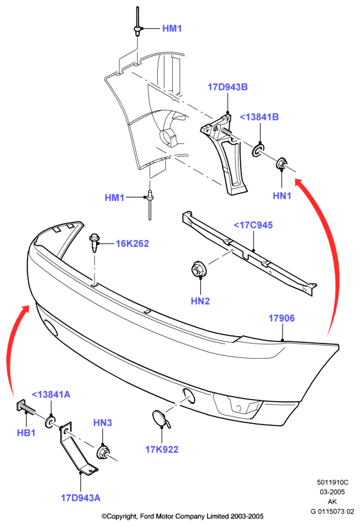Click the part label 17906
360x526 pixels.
pos(282,318)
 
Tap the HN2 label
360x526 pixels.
pos(200,301)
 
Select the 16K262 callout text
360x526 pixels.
pos(132,243)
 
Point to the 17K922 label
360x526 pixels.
pos(162,449)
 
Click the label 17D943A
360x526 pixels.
pos(80,497)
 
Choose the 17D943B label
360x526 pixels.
pos(228,87)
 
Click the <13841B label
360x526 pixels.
pos(259,117)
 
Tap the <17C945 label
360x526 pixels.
pos(253,225)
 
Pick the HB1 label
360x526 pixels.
pos(26,433)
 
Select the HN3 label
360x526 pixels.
pos(103,422)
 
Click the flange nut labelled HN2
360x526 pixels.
pos(199,270)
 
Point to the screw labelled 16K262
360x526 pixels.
pos(95,243)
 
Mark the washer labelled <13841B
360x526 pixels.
pos(259,151)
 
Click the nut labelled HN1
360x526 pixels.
pos(281,163)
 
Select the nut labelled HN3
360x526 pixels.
pos(103,452)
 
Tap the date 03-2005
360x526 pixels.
pos(332,492)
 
